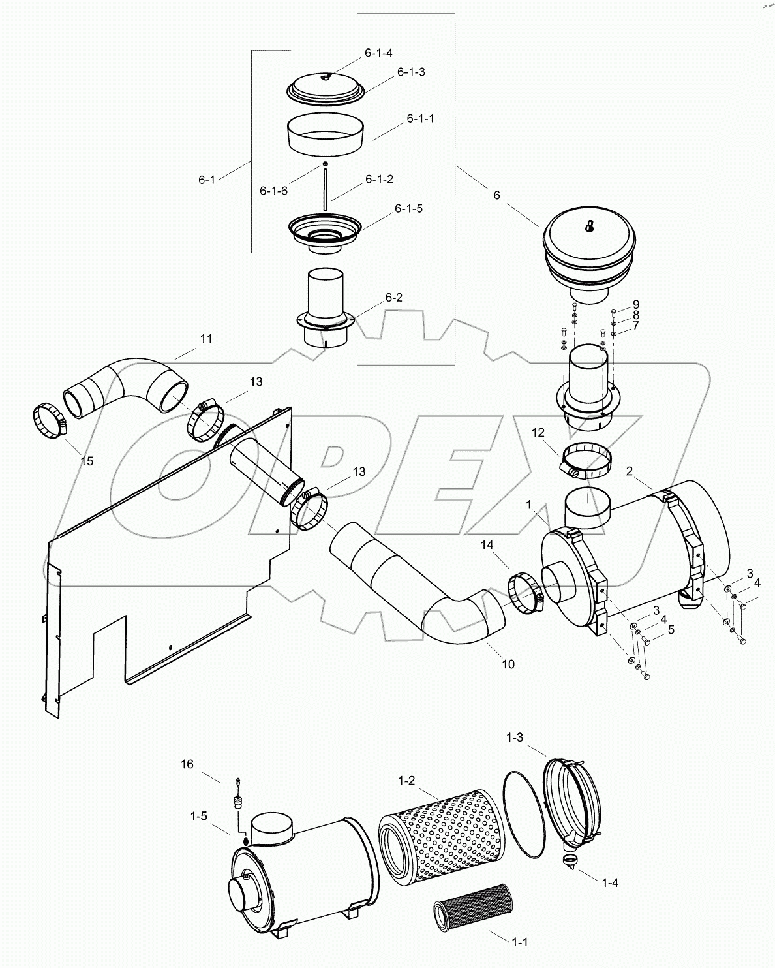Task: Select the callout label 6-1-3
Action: tap(411, 72)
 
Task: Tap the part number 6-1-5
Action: tap(408, 208)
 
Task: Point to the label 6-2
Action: tap(393, 297)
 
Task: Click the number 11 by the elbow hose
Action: tap(206, 339)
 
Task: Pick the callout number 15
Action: tap(87, 461)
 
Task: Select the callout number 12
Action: tap(538, 432)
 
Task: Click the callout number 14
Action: tap(489, 544)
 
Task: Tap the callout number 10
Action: tap(508, 664)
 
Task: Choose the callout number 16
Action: tap(187, 764)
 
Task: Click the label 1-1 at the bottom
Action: tap(519, 942)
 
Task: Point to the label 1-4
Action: tap(609, 882)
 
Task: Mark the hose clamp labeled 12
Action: tap(587, 459)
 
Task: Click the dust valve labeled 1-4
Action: tap(570, 861)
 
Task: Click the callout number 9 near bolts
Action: tap(635, 304)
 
